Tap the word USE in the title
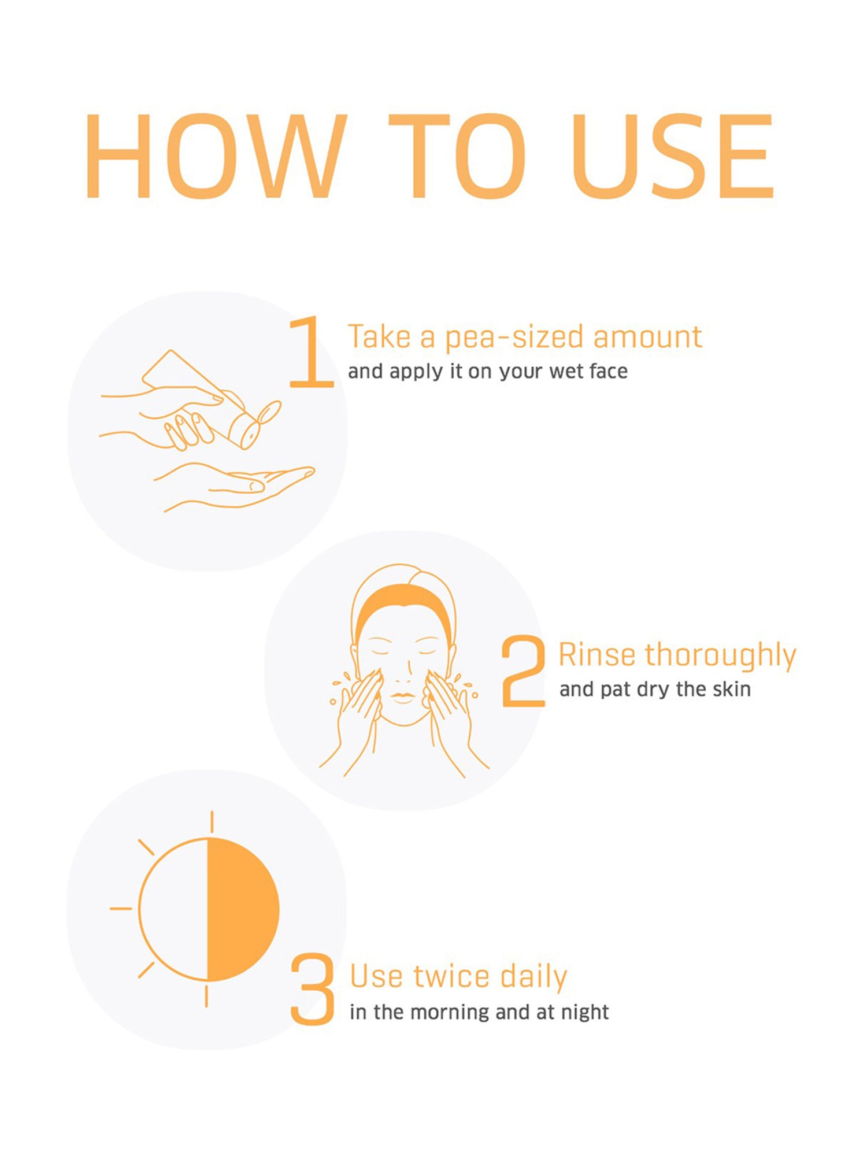[x=673, y=156]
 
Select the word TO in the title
[x=457, y=156]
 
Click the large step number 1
[x=311, y=351]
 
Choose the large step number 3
[x=312, y=990]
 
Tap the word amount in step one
[x=647, y=338]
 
